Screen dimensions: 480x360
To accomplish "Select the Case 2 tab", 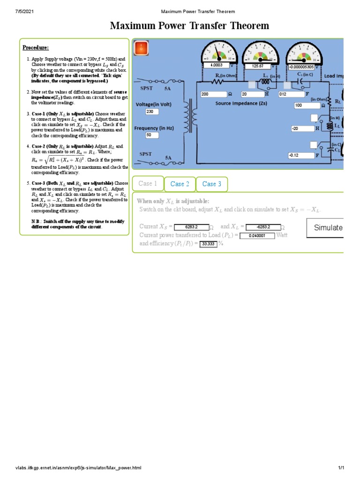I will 180,184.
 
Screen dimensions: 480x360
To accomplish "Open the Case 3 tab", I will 211,184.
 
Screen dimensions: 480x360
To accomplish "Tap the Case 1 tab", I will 148,184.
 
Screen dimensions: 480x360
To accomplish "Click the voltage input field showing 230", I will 152,112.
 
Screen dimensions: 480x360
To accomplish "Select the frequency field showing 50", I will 152,135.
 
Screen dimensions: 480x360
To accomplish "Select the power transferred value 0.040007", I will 257,236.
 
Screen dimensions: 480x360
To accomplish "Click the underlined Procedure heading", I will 36,48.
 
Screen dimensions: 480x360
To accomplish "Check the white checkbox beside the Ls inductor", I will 252,85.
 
